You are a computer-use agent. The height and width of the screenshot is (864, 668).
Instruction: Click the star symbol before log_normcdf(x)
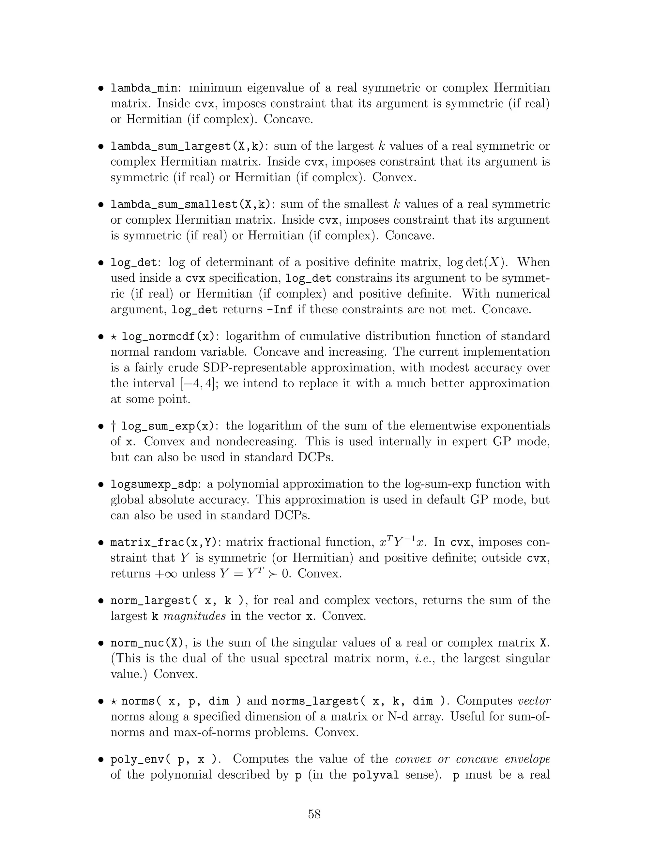(114, 336)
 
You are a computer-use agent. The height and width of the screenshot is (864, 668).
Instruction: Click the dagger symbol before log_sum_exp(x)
(114, 426)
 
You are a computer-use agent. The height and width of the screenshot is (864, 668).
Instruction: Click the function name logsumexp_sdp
(154, 484)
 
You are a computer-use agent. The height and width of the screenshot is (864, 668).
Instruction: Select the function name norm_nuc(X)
(147, 643)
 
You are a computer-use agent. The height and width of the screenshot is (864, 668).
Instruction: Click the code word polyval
(375, 775)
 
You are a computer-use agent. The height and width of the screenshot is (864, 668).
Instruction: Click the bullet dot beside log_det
(102, 263)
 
